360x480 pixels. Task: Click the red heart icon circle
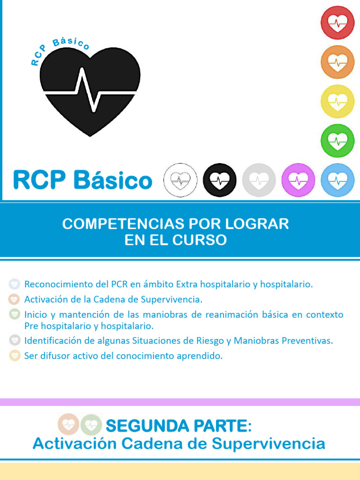[x=337, y=22]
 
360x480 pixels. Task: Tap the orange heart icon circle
[x=337, y=62]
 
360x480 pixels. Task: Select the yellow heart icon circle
[x=337, y=101]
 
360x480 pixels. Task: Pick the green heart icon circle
[x=337, y=141]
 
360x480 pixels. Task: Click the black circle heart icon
[x=220, y=180]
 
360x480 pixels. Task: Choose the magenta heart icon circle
[x=298, y=180]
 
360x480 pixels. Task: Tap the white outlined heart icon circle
[x=180, y=180]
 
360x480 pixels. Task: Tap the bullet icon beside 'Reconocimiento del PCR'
[x=15, y=284]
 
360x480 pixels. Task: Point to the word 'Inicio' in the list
[x=36, y=314]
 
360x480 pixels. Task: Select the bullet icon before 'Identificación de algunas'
[x=15, y=340]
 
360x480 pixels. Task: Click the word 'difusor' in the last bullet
[x=58, y=356]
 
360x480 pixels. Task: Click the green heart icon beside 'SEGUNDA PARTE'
[x=91, y=425]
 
